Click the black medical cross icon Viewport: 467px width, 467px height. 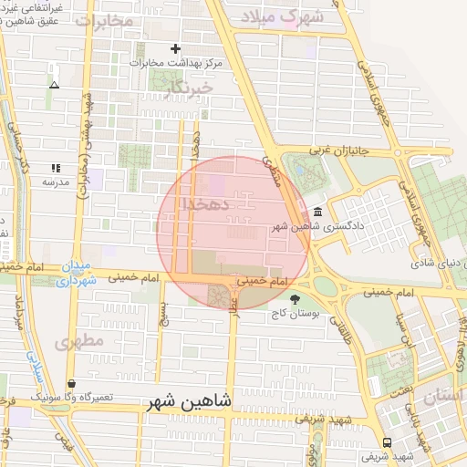coord(176,48)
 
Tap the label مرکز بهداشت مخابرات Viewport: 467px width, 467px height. coord(176,63)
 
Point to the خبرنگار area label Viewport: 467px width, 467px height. coord(189,87)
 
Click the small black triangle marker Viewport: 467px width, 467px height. coord(54,85)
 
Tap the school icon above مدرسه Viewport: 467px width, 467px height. coord(55,168)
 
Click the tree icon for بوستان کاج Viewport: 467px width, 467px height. coord(294,298)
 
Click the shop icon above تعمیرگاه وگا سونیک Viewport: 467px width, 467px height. coord(71,383)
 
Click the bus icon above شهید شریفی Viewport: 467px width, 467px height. coord(389,441)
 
